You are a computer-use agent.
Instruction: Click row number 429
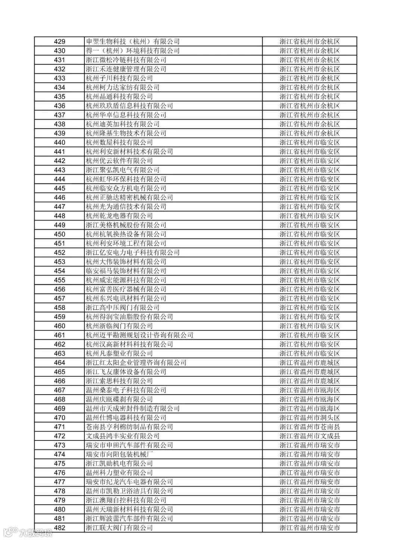click(60, 42)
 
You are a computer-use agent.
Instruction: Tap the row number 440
click(60, 142)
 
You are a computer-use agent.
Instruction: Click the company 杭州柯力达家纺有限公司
click(123, 88)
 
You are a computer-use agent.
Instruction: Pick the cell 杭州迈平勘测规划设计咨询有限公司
click(140, 335)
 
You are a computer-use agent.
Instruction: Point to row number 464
click(60, 362)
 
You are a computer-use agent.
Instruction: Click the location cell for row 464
click(310, 362)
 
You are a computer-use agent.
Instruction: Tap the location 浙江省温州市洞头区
click(310, 418)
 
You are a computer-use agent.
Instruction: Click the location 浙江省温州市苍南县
click(310, 427)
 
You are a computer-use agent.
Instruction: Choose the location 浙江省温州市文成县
click(310, 436)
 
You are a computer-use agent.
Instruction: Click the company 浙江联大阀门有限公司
click(119, 528)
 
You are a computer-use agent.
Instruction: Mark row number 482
click(60, 528)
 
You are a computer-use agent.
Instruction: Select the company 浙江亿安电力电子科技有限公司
click(133, 252)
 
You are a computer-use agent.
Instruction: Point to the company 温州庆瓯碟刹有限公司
click(119, 399)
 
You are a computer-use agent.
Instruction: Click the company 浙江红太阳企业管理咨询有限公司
click(136, 362)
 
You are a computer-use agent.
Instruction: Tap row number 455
click(60, 280)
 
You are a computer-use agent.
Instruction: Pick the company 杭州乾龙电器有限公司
click(119, 216)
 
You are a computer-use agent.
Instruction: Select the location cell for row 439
click(310, 134)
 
